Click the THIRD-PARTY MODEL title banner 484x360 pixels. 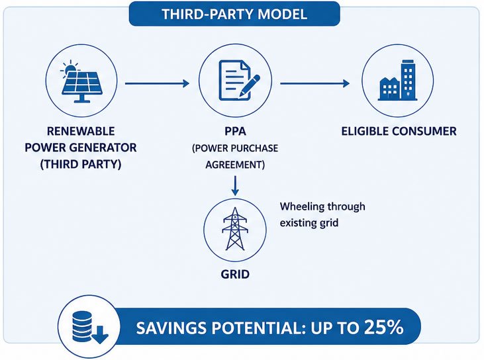pyautogui.click(x=234, y=14)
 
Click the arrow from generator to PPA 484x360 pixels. pyautogui.click(x=157, y=83)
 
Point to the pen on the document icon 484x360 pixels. pyautogui.click(x=250, y=85)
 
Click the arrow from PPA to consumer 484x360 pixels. pyautogui.click(x=315, y=83)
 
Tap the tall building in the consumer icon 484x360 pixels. pyautogui.click(x=409, y=80)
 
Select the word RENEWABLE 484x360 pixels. pyautogui.click(x=81, y=131)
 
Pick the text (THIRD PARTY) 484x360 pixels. pyautogui.click(x=81, y=164)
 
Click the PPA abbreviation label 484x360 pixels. pyautogui.click(x=235, y=132)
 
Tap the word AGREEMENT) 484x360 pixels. pyautogui.click(x=235, y=165)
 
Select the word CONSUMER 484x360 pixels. pyautogui.click(x=424, y=132)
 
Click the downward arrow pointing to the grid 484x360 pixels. pyautogui.click(x=235, y=186)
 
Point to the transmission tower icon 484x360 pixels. pyautogui.click(x=235, y=228)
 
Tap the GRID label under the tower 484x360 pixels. pyautogui.click(x=235, y=274)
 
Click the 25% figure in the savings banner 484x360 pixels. pyautogui.click(x=383, y=327)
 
